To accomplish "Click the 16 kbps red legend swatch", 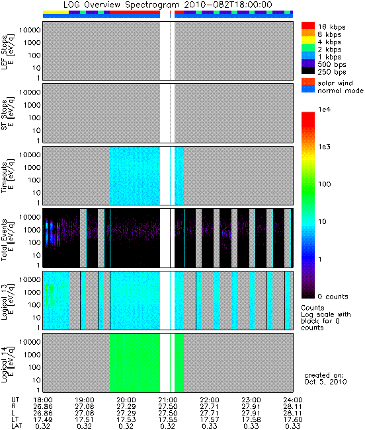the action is point(308,25).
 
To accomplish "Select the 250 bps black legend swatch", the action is point(308,71).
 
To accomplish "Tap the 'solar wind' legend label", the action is point(335,83).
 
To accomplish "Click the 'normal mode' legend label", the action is point(341,90).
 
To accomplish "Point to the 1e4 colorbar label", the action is point(325,110).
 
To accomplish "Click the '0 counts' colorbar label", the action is point(333,297).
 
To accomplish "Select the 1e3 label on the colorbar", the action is point(325,147).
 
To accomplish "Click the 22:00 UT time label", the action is point(210,400).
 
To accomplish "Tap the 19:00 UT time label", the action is point(85,400).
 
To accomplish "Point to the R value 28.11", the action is point(292,407).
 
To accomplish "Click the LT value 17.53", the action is point(126,420).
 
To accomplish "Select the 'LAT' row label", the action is point(17,426).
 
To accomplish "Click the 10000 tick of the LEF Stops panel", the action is point(30,30).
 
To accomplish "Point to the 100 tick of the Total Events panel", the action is point(34,242).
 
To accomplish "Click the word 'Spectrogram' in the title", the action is point(152,5).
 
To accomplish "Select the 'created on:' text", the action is point(324,375).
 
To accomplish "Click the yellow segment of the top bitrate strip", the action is point(56,13).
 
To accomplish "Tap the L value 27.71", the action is point(210,413).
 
